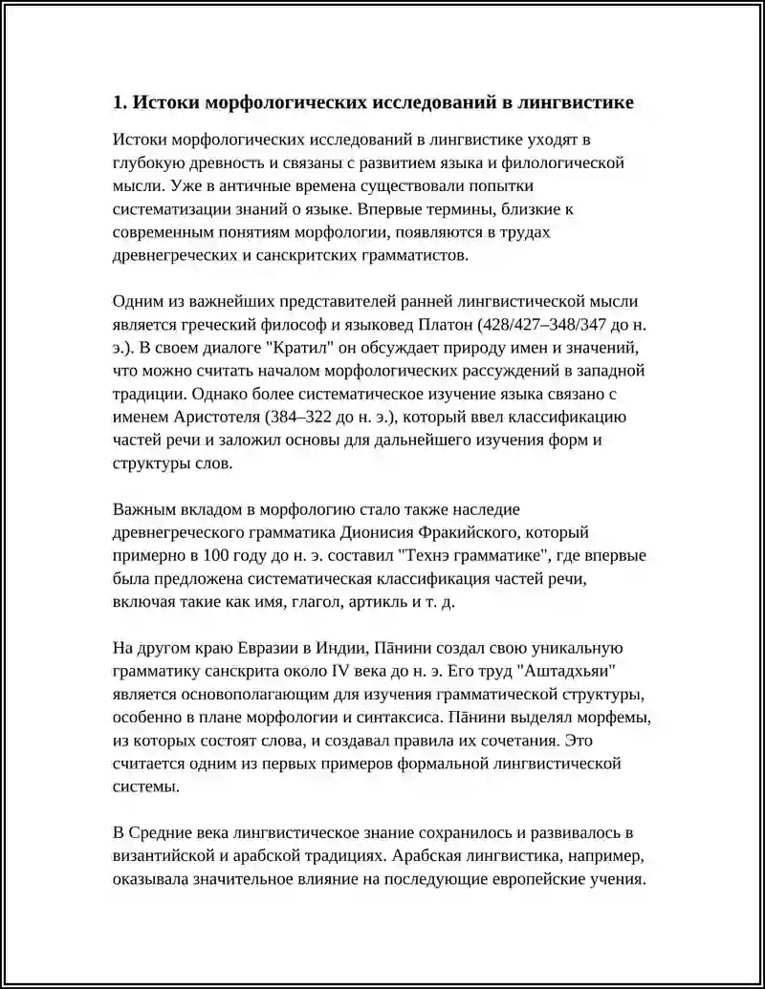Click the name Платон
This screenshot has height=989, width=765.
coord(446,324)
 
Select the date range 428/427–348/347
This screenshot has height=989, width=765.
coord(546,324)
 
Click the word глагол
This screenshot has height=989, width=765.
coord(308,602)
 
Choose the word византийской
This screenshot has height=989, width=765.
coord(166,856)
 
